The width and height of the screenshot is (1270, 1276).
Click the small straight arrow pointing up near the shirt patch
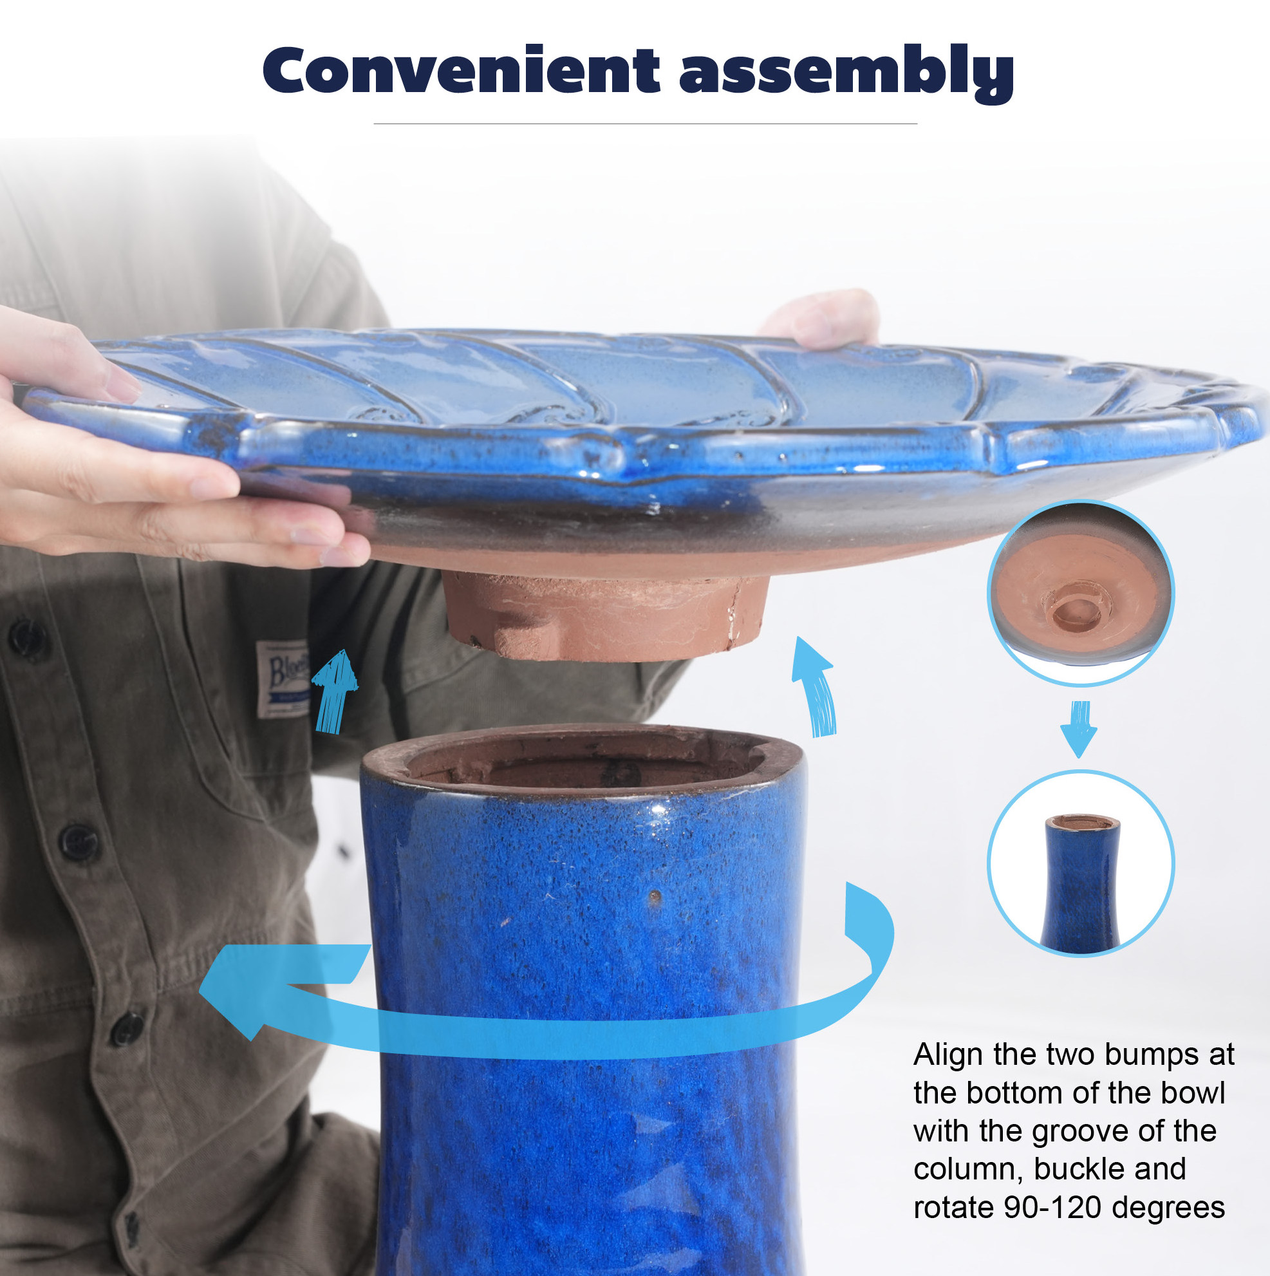tap(334, 691)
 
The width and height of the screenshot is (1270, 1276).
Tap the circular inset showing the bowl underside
tap(1081, 592)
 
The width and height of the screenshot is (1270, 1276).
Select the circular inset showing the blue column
tap(1081, 863)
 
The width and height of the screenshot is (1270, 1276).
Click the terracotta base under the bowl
tap(604, 616)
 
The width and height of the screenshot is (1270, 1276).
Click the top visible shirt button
tap(27, 639)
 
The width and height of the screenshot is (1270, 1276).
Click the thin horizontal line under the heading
tap(645, 124)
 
